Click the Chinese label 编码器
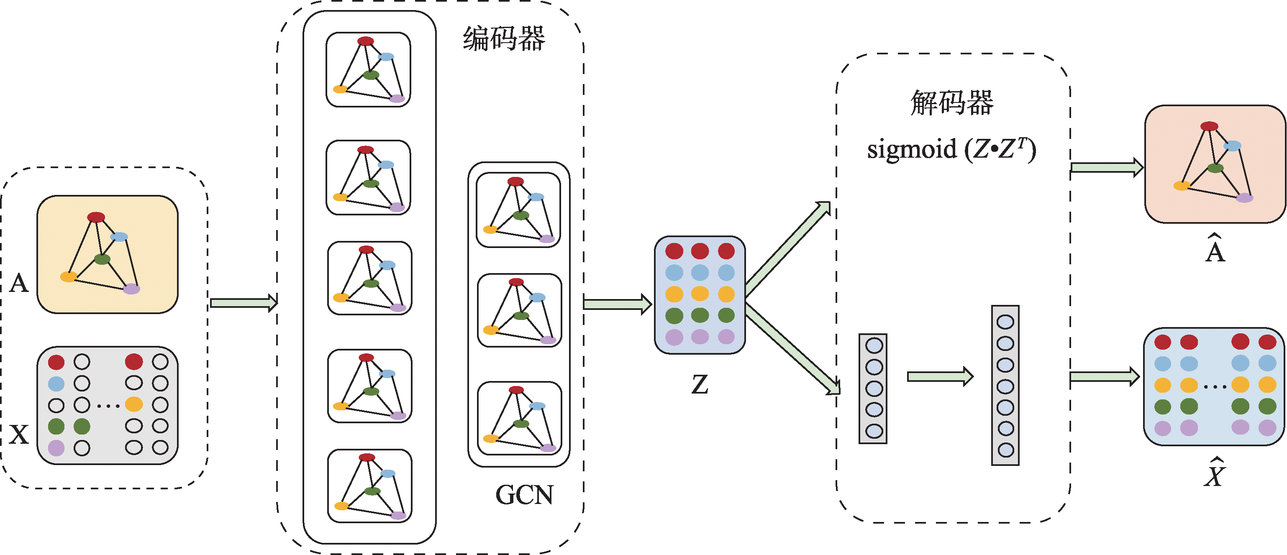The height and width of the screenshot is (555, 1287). pyautogui.click(x=504, y=38)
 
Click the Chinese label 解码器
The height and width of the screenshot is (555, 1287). pyautogui.click(x=952, y=103)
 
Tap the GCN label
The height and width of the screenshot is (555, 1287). pyautogui.click(x=524, y=494)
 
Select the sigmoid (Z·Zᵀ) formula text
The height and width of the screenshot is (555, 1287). pyautogui.click(x=951, y=149)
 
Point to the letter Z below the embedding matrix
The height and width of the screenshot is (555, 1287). pyautogui.click(x=700, y=385)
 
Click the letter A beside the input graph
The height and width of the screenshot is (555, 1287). pyautogui.click(x=19, y=283)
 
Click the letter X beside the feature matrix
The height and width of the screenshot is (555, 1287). pyautogui.click(x=19, y=434)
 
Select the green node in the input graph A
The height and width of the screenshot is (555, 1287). pyautogui.click(x=102, y=259)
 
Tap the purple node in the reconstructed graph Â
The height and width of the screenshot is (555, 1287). pyautogui.click(x=1245, y=198)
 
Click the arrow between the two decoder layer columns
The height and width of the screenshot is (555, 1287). pyautogui.click(x=940, y=376)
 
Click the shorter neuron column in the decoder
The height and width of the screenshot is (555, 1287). pyautogui.click(x=873, y=389)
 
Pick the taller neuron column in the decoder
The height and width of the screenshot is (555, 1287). pyautogui.click(x=1005, y=385)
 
